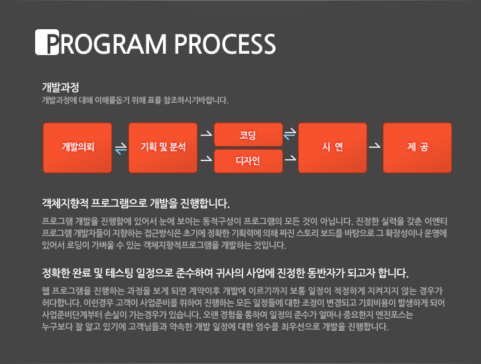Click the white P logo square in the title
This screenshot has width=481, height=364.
click(47, 42)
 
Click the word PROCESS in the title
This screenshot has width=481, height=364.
click(225, 44)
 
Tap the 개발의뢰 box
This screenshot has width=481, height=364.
click(78, 148)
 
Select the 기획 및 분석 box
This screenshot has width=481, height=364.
click(163, 148)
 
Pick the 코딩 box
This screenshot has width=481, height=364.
click(248, 135)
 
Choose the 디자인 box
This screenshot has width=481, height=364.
click(248, 161)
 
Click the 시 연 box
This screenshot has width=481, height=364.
click(333, 148)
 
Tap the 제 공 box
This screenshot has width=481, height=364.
click(417, 148)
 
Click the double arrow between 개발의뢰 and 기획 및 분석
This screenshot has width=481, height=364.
click(121, 149)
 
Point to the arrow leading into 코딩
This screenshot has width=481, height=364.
click(206, 133)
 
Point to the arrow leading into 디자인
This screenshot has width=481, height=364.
click(206, 158)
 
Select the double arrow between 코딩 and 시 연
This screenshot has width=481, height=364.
click(290, 134)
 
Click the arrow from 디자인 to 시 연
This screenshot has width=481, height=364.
click(290, 158)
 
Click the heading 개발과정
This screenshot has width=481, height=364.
click(60, 88)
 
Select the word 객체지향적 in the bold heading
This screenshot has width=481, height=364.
click(65, 203)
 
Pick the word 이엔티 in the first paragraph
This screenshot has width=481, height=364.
click(435, 221)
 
